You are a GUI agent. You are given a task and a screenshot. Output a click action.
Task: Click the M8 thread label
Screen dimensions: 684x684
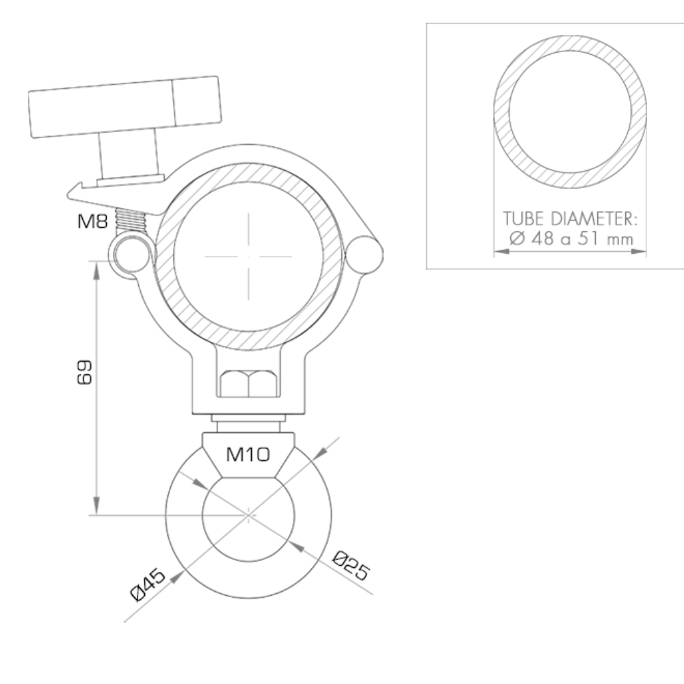[x=92, y=221]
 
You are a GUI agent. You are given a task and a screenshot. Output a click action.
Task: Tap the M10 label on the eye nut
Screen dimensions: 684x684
[x=248, y=455]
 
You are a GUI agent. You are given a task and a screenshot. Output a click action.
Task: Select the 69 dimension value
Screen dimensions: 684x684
[x=84, y=372]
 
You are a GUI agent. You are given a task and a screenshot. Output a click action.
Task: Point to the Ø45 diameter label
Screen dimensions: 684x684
[x=148, y=585]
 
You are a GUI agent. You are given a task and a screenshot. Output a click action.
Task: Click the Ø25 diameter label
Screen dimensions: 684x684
[x=352, y=566]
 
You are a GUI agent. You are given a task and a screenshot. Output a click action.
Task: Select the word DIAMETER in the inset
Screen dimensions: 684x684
[x=594, y=219]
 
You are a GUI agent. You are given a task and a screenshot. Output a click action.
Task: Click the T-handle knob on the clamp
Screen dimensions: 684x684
[x=125, y=107]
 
